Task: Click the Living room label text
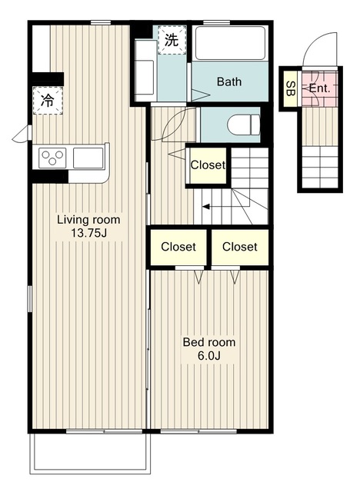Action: point(88,220)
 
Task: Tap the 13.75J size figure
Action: point(88,233)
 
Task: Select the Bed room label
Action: point(209,342)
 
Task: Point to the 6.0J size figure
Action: point(209,355)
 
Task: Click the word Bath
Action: point(229,82)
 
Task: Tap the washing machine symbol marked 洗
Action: point(172,40)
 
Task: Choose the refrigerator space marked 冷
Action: point(48,101)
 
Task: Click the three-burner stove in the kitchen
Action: point(52,158)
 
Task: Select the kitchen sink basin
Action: point(88,158)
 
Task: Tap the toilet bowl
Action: point(244,125)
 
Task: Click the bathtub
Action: point(230,43)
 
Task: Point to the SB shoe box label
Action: point(291,89)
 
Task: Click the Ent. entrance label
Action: point(319,88)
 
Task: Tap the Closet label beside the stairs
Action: point(208,165)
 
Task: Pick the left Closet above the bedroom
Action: point(178,247)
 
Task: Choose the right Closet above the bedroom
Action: point(240,247)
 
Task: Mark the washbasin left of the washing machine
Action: point(145,69)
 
